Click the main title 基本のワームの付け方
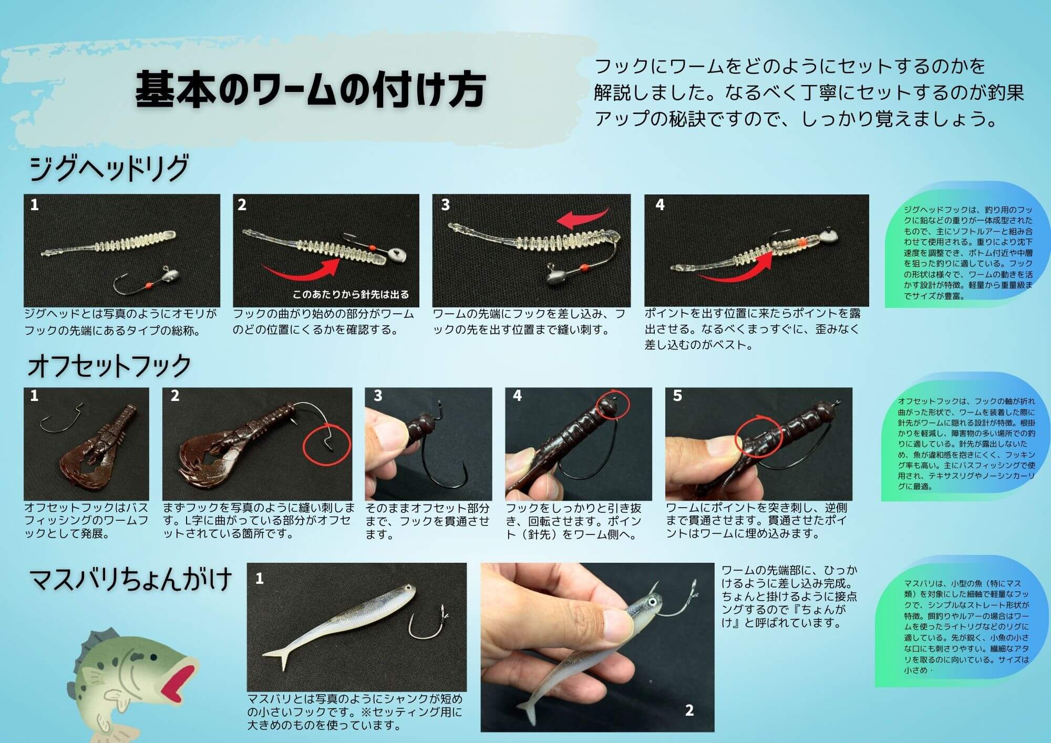click(310, 90)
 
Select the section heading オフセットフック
click(109, 366)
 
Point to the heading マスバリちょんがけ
click(131, 579)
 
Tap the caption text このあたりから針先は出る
click(351, 294)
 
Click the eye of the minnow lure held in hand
click(652, 601)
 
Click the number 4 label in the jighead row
click(660, 205)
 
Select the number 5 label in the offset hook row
click(677, 396)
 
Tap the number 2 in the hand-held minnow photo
click(689, 711)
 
